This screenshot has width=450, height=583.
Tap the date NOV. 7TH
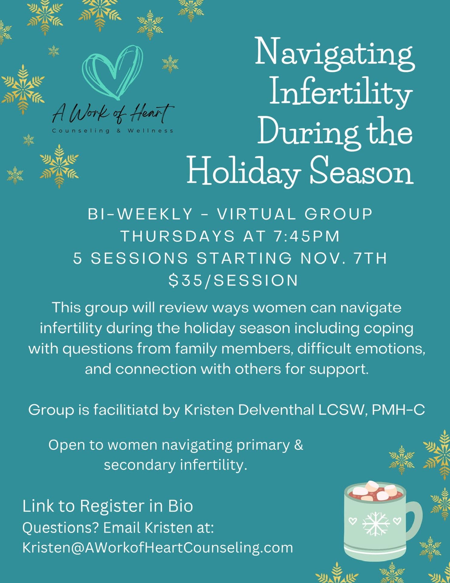coord(344,258)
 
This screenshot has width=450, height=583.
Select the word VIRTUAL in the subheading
coord(256,214)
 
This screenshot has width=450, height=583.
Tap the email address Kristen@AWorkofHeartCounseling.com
coord(158,547)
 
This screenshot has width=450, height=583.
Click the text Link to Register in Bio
coord(108,506)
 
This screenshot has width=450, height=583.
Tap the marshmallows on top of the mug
coord(375,490)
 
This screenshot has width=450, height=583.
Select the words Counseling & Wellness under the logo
coord(112,131)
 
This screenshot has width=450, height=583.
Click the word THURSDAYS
coord(178,236)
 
